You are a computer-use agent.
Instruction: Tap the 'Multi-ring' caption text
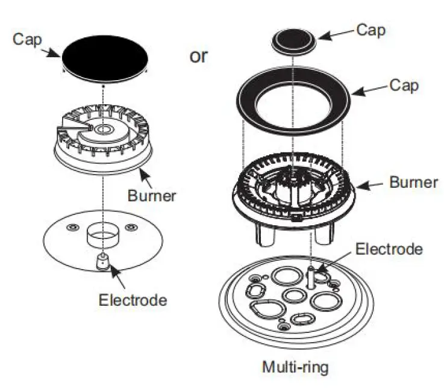tap(295, 367)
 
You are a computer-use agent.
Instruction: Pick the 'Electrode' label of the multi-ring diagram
tap(389, 248)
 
